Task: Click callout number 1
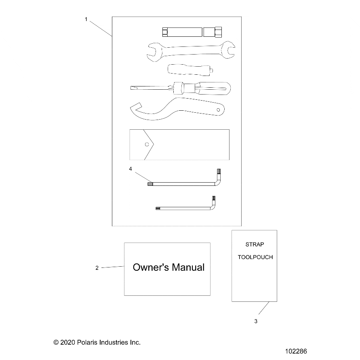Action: [x=86, y=19]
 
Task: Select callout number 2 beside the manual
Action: [x=97, y=268]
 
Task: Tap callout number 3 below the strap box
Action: [x=256, y=321]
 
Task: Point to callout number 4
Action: [x=131, y=169]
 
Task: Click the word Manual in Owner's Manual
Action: [x=188, y=267]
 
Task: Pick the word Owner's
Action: [x=151, y=267]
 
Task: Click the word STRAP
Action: [x=255, y=244]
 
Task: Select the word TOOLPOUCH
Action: [x=255, y=257]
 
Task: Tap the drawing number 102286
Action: [x=296, y=351]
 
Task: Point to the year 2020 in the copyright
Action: [x=68, y=342]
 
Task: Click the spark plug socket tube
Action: [x=192, y=32]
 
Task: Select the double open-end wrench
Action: [x=191, y=51]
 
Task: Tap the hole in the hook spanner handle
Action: [x=218, y=110]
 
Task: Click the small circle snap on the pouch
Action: [x=147, y=144]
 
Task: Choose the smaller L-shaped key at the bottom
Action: [x=184, y=208]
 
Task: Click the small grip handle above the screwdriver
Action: [x=191, y=70]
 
